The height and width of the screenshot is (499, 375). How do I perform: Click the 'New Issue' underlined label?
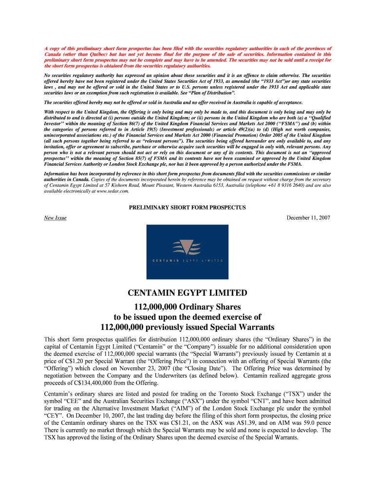pos(55,218)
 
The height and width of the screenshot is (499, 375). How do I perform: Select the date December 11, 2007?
pos(308,218)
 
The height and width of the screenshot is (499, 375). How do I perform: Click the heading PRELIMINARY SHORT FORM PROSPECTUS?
pos(187,208)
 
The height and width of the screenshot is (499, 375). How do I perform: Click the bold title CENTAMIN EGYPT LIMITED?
pos(187,293)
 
